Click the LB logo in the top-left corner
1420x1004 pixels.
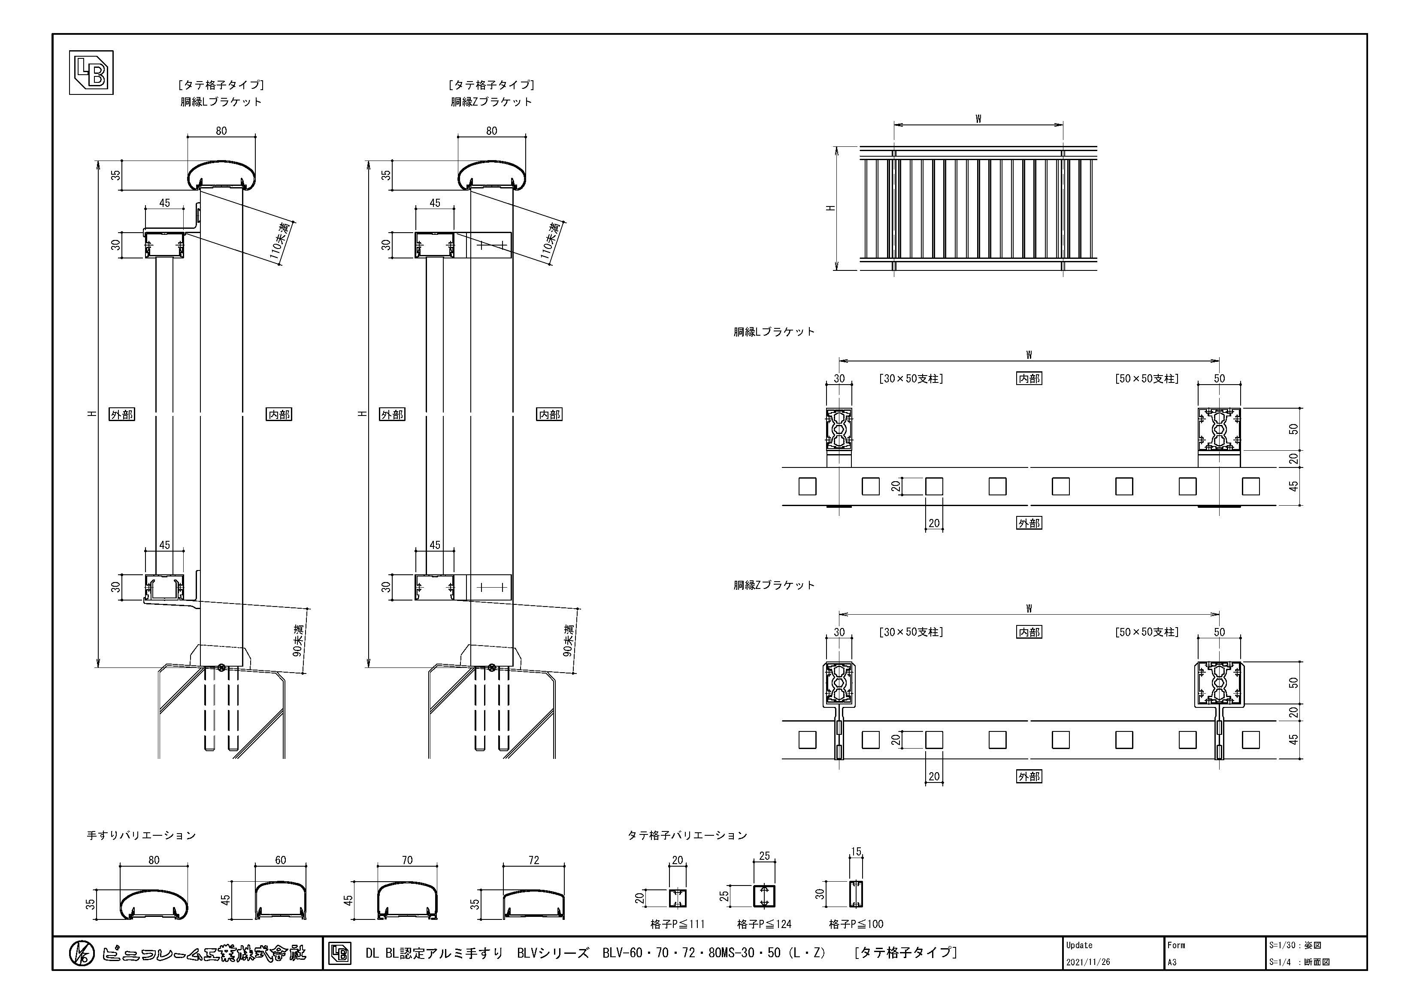click(91, 73)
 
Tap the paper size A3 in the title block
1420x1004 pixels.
click(1172, 962)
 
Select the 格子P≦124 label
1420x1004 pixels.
click(764, 924)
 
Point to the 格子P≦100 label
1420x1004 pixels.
click(856, 924)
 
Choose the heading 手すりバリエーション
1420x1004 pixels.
click(141, 835)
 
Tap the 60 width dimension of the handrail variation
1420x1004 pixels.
click(281, 860)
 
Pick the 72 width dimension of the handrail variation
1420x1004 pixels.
click(534, 860)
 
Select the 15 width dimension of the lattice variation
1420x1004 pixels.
click(856, 852)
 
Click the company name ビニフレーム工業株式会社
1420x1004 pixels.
click(204, 954)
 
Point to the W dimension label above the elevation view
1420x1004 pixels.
click(978, 119)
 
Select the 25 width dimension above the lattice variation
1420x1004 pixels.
click(764, 856)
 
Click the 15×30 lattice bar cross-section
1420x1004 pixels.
click(856, 894)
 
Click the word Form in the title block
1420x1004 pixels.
click(1176, 945)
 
